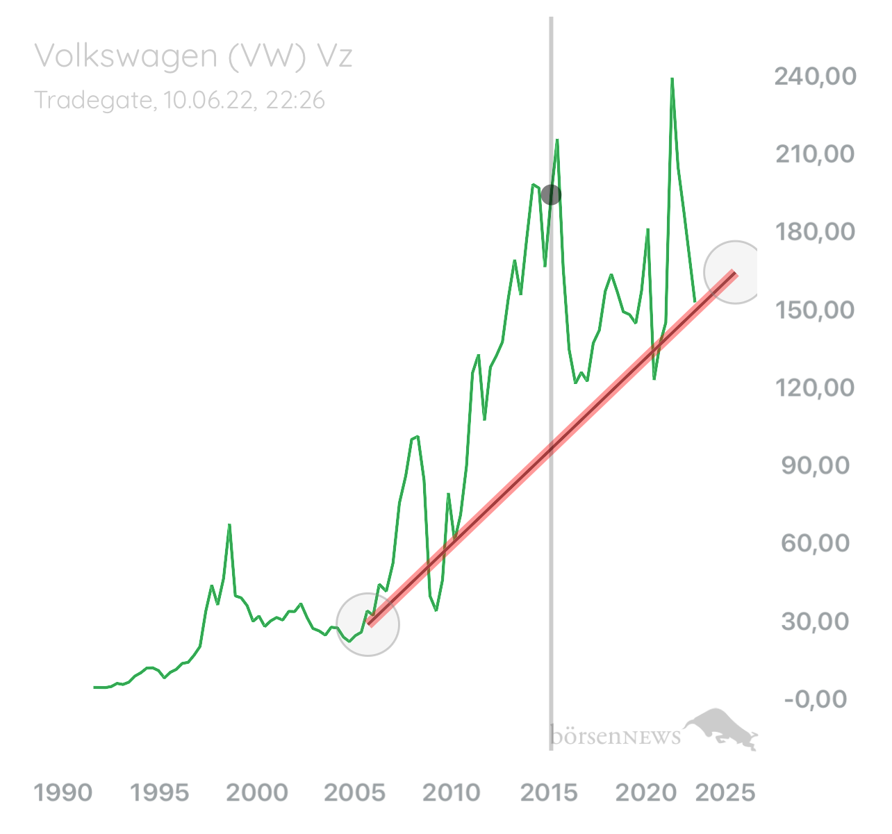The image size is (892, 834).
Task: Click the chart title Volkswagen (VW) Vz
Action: pyautogui.click(x=193, y=56)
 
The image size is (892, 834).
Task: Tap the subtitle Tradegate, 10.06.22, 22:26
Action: pyautogui.click(x=179, y=100)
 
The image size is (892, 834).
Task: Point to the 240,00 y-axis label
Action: pyautogui.click(x=815, y=76)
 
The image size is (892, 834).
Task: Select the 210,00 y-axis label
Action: pyautogui.click(x=815, y=154)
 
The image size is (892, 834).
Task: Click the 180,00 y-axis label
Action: pyautogui.click(x=815, y=232)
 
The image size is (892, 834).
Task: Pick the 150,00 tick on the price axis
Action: pyautogui.click(x=815, y=310)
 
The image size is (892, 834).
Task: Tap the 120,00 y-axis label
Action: pyautogui.click(x=815, y=388)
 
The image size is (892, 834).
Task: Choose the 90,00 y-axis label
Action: pyautogui.click(x=815, y=466)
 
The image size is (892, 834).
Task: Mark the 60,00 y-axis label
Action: pyautogui.click(x=815, y=544)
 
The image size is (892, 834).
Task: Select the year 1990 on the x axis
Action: pyautogui.click(x=63, y=792)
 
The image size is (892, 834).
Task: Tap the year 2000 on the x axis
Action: pyautogui.click(x=257, y=792)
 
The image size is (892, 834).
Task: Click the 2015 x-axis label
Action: pyautogui.click(x=549, y=792)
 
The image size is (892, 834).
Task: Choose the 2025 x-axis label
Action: pyautogui.click(x=725, y=792)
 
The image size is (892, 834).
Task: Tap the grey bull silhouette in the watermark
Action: pyautogui.click(x=721, y=729)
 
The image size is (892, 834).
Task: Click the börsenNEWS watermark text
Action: pyautogui.click(x=616, y=737)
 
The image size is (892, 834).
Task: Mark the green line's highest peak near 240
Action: pyautogui.click(x=672, y=79)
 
